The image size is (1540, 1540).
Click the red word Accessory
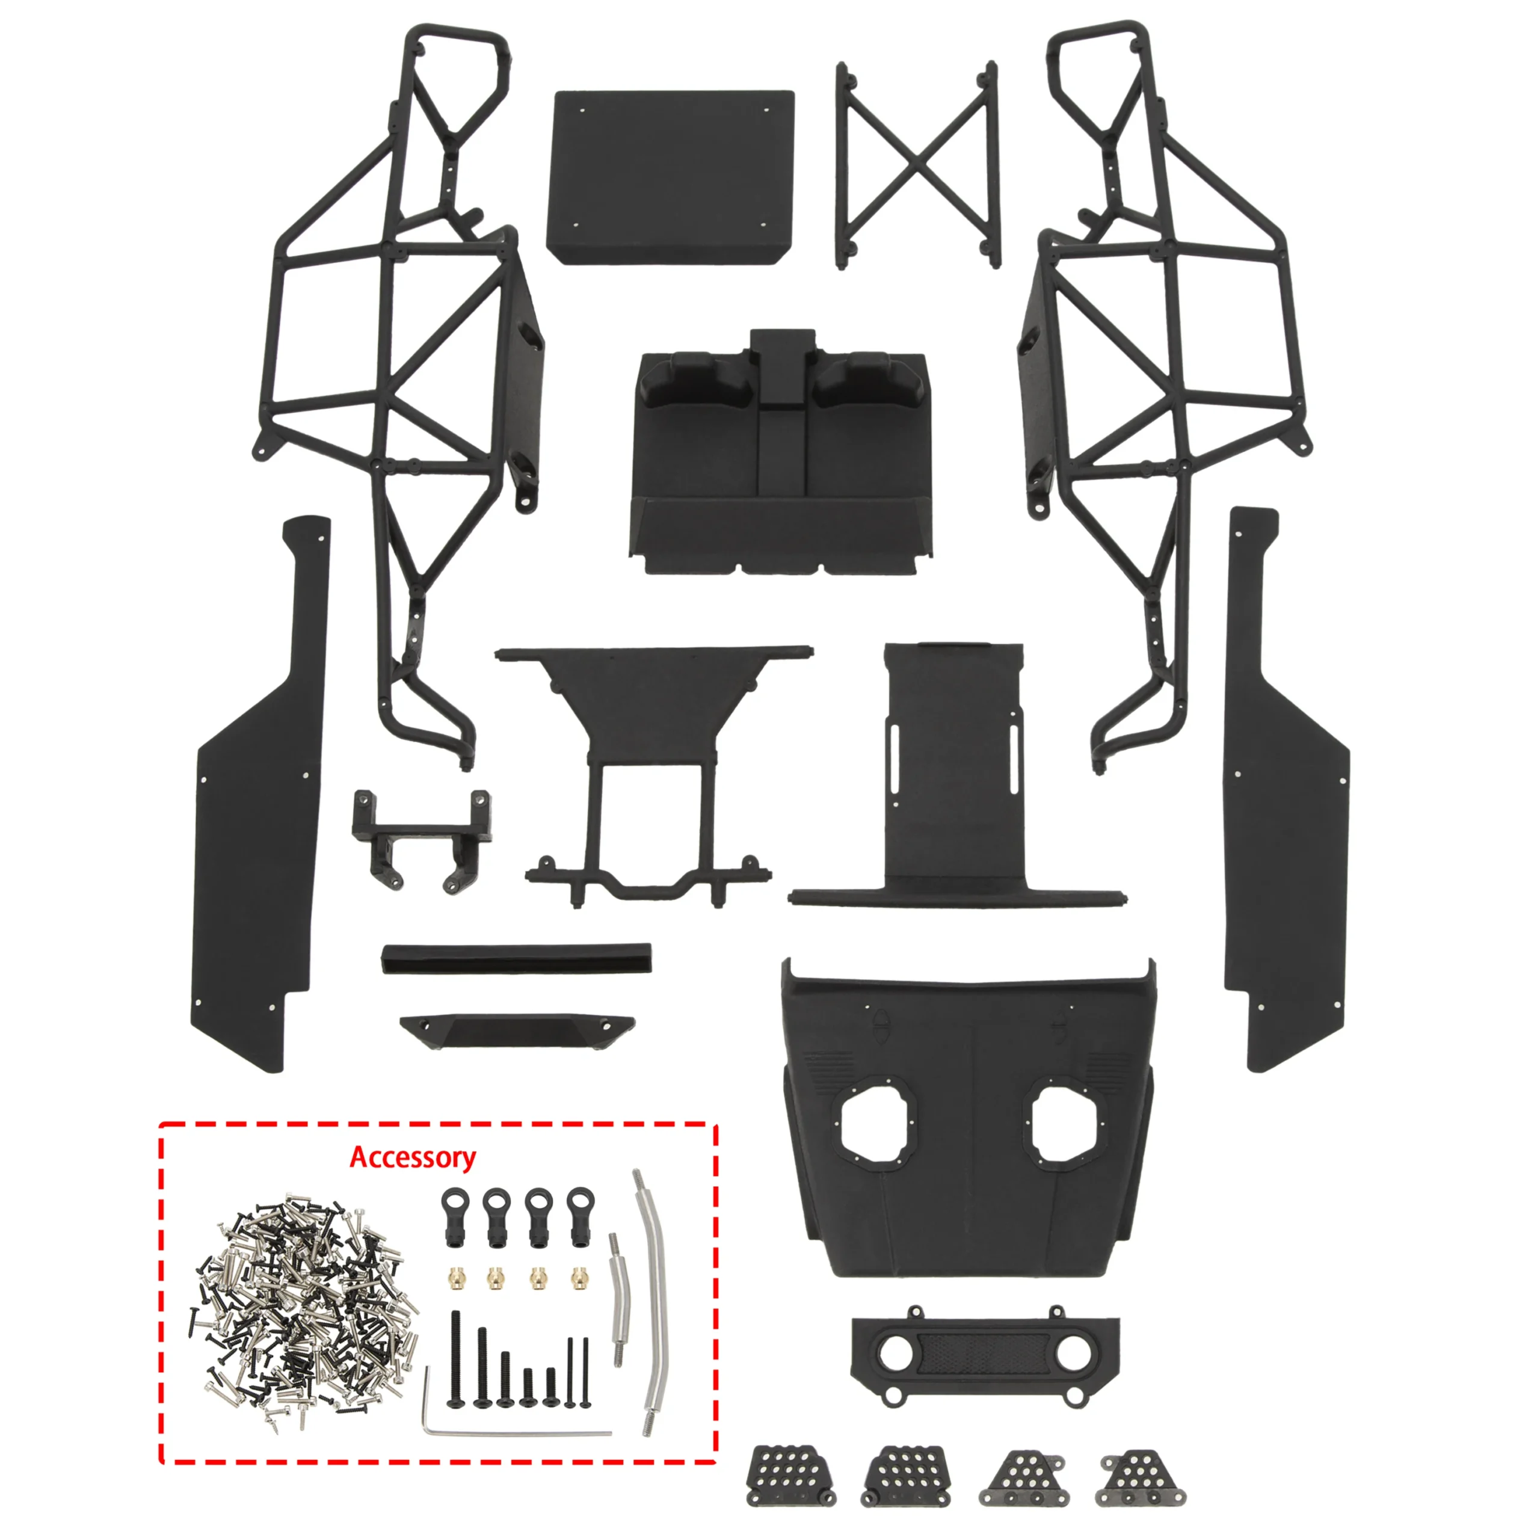pyautogui.click(x=412, y=1157)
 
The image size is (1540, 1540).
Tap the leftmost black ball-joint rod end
pyautogui.click(x=451, y=1216)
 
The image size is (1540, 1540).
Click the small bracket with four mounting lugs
pyautogui.click(x=422, y=837)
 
